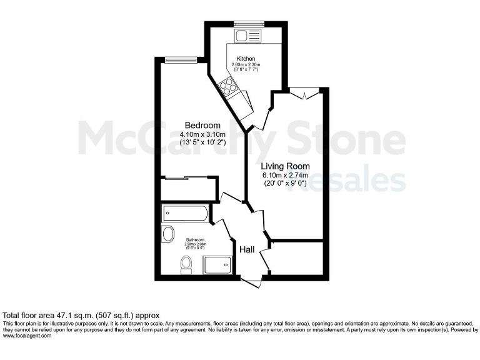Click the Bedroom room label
(x=199, y=124)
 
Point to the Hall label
(x=247, y=249)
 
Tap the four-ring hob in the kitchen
(x=227, y=86)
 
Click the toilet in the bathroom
(x=186, y=264)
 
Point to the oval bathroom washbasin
(x=168, y=234)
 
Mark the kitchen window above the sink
(x=244, y=24)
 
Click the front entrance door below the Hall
(x=251, y=283)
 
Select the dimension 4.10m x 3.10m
(x=202, y=134)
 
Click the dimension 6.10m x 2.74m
(x=284, y=176)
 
